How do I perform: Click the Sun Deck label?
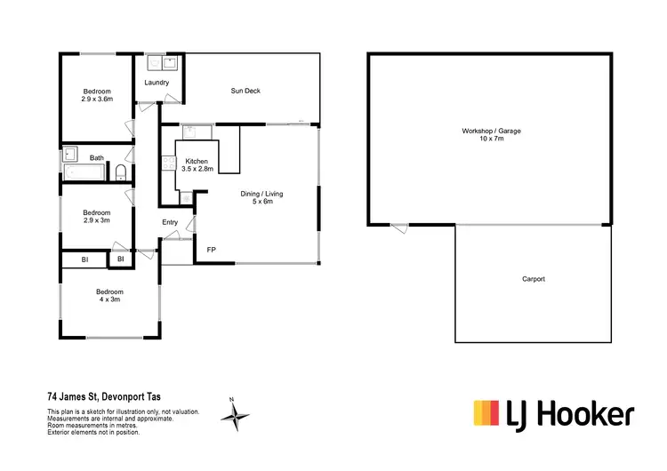click(x=245, y=91)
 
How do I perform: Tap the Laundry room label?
click(x=157, y=83)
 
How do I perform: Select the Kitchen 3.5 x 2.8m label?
click(x=197, y=164)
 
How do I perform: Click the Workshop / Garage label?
click(x=491, y=136)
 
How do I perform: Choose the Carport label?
click(x=534, y=279)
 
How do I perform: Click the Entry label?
click(x=170, y=222)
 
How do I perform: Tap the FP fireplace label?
click(x=211, y=250)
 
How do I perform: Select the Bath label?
click(x=97, y=158)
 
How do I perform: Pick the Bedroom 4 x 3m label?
click(x=110, y=296)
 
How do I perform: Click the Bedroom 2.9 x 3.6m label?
click(x=97, y=96)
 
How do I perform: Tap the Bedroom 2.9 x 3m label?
click(x=97, y=217)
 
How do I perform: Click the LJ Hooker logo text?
click(x=570, y=414)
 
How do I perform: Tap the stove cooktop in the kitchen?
click(x=167, y=163)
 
